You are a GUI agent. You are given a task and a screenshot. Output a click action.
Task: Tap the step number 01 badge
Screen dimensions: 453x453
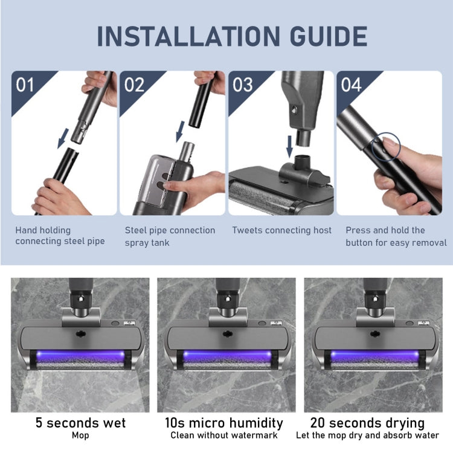(x=25, y=85)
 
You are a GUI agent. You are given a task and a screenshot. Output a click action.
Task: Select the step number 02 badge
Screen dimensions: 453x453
(x=134, y=85)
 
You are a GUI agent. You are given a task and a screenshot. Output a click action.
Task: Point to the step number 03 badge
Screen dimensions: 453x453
(x=242, y=85)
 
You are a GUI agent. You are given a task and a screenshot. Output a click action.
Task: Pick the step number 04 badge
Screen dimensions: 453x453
(x=351, y=85)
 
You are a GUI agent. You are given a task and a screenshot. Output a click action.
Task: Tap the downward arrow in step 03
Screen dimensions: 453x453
(x=289, y=146)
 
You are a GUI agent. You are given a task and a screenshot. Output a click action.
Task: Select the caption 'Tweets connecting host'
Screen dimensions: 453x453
(x=282, y=230)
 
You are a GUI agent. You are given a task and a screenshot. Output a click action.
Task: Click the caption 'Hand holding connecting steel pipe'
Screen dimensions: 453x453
(x=60, y=236)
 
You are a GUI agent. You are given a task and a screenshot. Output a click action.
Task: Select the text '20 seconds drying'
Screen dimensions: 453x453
(x=367, y=423)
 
